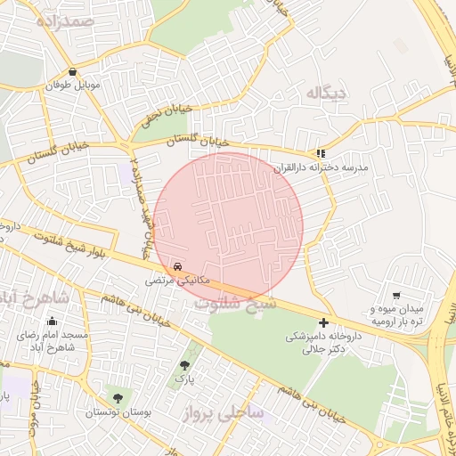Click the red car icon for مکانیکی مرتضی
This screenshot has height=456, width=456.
click(178, 266)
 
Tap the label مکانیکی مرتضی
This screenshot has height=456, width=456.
click(178, 281)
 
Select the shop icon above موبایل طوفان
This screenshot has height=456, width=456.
click(72, 73)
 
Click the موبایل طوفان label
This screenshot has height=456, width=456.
click(72, 87)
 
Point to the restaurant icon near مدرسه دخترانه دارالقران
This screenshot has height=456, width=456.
click(321, 152)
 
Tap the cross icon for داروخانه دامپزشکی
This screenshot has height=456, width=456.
click(322, 322)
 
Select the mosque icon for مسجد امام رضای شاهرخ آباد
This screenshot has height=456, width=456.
click(52, 322)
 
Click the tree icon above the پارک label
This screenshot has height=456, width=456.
click(184, 365)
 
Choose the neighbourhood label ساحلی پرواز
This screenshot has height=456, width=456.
click(219, 413)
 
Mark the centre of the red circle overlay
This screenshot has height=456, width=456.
click(229, 227)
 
